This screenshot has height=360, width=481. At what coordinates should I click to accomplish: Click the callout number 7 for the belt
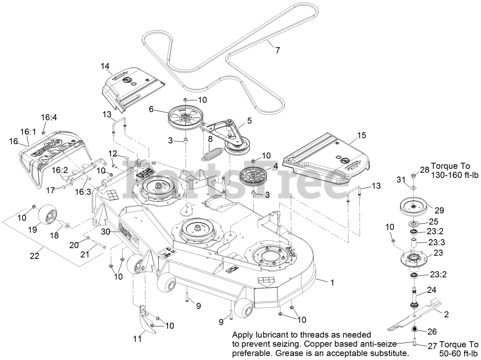click(x=278, y=50)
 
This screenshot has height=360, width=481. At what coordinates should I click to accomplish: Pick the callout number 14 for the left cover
click(x=104, y=66)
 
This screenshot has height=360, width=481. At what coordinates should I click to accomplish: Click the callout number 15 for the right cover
click(x=361, y=135)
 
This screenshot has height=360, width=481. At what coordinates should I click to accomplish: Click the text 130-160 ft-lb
click(x=454, y=175)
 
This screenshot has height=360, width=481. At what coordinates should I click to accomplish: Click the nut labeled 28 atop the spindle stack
click(x=413, y=175)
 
